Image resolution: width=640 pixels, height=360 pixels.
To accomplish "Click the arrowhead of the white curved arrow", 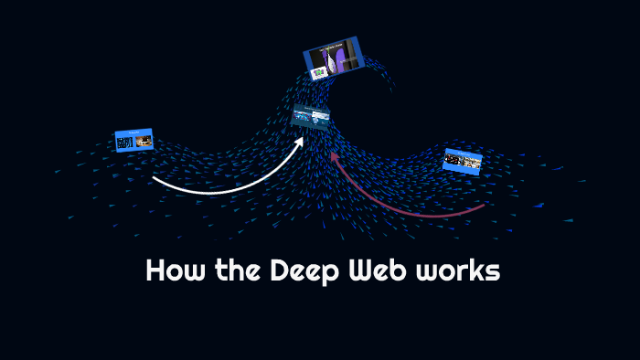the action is (301, 142).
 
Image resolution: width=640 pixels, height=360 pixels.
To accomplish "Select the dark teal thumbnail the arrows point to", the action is (310, 117).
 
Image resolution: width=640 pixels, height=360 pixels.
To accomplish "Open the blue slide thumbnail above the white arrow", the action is (133, 140).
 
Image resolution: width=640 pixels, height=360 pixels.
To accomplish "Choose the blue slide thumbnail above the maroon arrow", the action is (462, 161).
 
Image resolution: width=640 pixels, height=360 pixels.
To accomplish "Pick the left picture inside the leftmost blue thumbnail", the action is (125, 143).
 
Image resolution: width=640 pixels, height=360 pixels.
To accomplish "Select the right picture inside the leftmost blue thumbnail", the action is (143, 141).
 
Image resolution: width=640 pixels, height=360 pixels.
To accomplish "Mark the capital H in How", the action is (155, 272).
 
